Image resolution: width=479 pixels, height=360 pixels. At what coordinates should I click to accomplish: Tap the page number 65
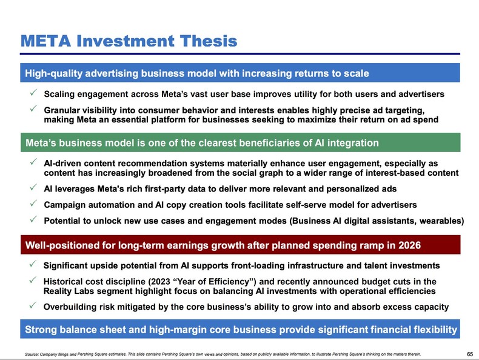(470, 353)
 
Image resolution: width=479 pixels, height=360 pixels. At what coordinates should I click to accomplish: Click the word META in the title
(45, 41)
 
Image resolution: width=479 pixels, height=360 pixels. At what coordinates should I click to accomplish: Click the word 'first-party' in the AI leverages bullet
(189, 188)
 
